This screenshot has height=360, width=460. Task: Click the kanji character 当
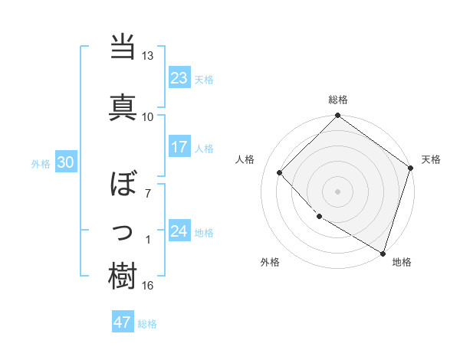click(123, 47)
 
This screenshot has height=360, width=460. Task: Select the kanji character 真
click(123, 105)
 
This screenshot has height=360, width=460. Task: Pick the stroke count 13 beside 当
click(147, 56)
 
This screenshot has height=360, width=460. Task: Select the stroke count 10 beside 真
click(147, 116)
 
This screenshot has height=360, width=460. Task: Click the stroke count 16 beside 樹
click(147, 286)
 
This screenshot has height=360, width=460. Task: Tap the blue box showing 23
click(179, 78)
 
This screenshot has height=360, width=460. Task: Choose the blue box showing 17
click(179, 146)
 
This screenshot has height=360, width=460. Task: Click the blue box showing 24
click(179, 231)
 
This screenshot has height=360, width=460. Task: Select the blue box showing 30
click(65, 162)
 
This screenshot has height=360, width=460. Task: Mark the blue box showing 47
click(122, 322)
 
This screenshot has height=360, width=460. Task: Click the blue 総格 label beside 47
click(147, 324)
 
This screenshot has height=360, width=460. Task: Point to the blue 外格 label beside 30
click(41, 164)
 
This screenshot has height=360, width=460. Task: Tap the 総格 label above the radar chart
click(337, 100)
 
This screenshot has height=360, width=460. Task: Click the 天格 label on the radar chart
click(431, 159)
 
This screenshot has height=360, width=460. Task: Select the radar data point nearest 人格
click(280, 172)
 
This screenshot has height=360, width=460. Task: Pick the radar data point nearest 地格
click(381, 252)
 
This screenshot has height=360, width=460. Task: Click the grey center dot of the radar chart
click(337, 191)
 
